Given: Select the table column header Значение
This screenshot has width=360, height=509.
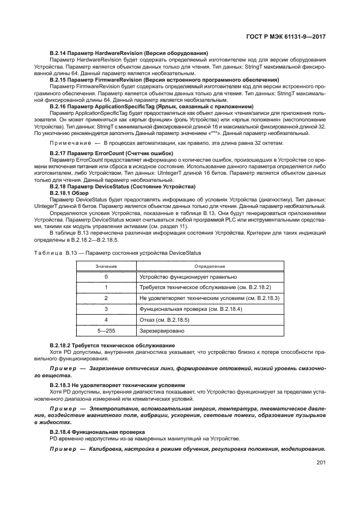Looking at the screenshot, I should click(106, 266).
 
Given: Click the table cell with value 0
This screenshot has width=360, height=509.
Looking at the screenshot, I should click(106, 277).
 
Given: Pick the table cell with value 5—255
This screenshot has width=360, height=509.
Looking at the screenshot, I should click(106, 330).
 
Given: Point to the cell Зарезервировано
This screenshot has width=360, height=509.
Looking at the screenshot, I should click(162, 330).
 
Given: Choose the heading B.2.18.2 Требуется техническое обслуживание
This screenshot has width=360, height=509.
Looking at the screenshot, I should click(112, 346).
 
